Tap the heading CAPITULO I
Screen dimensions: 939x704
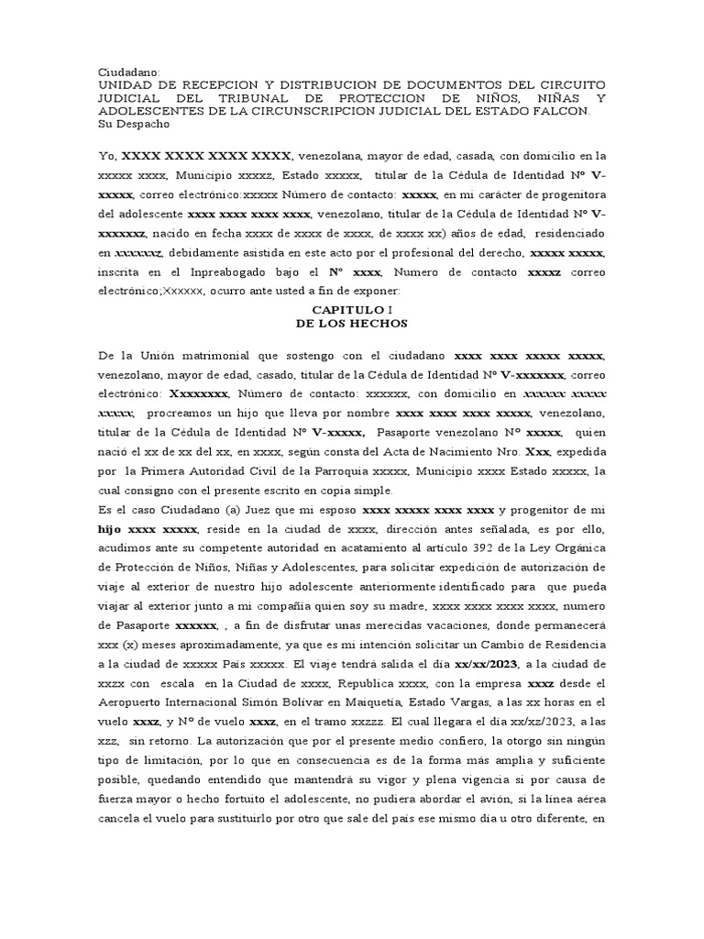pos(351,311)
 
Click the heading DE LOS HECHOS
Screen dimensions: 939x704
pos(351,325)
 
